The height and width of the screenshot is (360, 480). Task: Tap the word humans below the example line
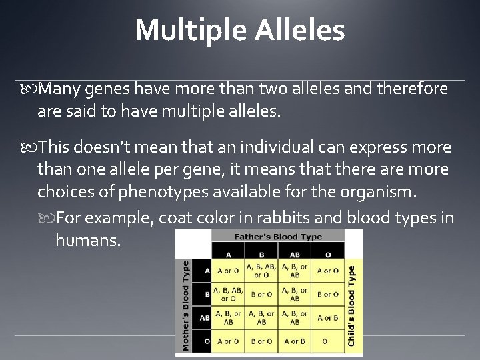[x=88, y=239]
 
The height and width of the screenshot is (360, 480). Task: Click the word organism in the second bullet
[x=375, y=192]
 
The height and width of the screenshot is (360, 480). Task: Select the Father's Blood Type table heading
[x=277, y=237]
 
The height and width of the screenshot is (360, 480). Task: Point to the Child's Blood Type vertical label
[x=352, y=305]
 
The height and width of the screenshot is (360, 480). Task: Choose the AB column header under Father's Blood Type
[x=295, y=254]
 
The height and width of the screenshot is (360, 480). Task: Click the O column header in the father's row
[x=327, y=254]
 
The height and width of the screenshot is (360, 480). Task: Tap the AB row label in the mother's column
[x=205, y=317]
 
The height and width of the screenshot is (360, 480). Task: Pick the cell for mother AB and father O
[x=327, y=317]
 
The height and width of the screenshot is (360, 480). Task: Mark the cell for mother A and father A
[x=228, y=271]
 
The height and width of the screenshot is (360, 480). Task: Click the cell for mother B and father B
[x=260, y=294]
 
